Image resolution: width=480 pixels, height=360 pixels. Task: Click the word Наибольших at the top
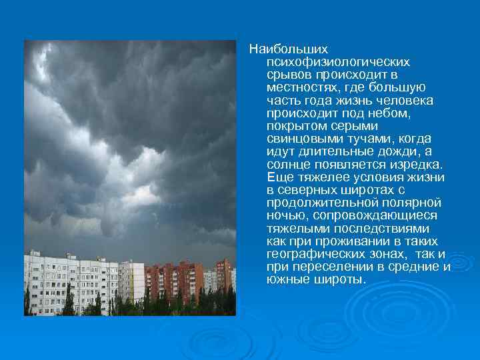(x=280, y=49)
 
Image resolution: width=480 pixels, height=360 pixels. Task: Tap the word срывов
(x=286, y=74)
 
